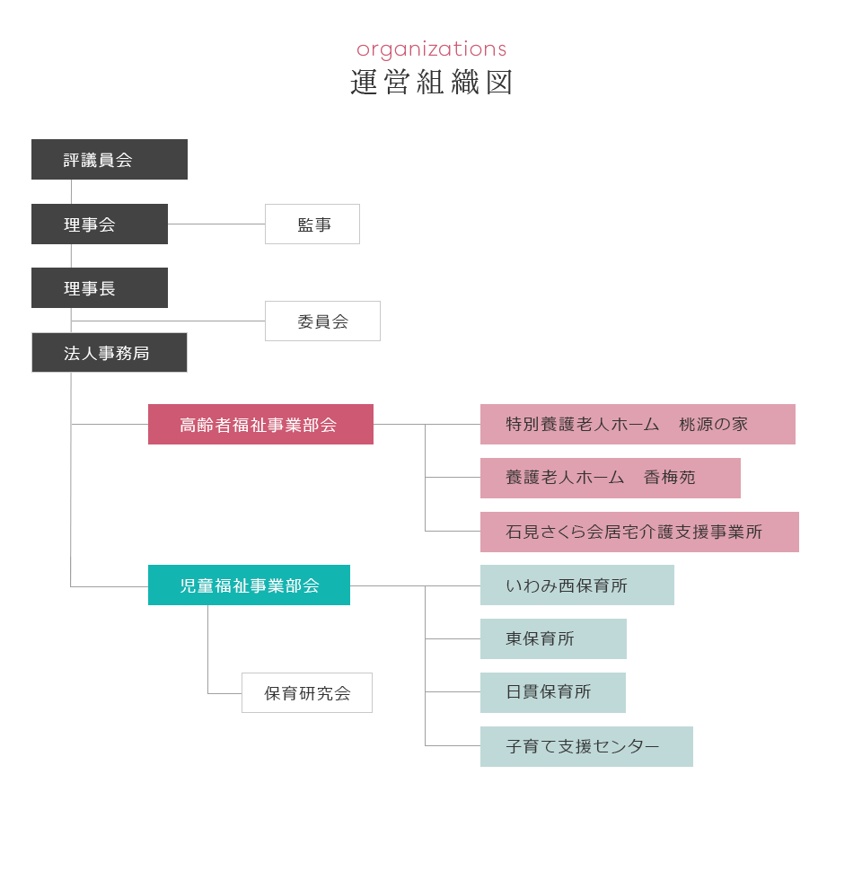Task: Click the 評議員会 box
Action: pyautogui.click(x=109, y=160)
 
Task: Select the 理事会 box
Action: pyautogui.click(x=99, y=224)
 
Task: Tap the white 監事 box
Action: pyautogui.click(x=312, y=224)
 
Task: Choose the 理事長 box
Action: pyautogui.click(x=99, y=288)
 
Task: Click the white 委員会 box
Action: pyautogui.click(x=322, y=321)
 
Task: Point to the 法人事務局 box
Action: pyautogui.click(x=109, y=353)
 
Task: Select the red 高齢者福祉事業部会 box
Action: pyautogui.click(x=260, y=425)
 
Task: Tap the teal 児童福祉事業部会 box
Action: pyautogui.click(x=250, y=585)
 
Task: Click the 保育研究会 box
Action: pyautogui.click(x=307, y=693)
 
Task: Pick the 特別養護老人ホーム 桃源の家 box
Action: pyautogui.click(x=638, y=425)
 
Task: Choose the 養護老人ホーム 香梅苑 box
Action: pyautogui.click(x=611, y=478)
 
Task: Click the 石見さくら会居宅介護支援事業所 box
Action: pyautogui.click(x=639, y=532)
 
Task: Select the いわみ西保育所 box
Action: pyautogui.click(x=577, y=585)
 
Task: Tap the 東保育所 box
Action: pyautogui.click(x=553, y=639)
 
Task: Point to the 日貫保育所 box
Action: pyautogui.click(x=553, y=693)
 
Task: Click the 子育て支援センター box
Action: pyautogui.click(x=587, y=747)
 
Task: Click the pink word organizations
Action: pyautogui.click(x=431, y=48)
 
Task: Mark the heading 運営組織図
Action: pyautogui.click(x=431, y=83)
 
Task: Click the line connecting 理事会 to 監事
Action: pyautogui.click(x=216, y=224)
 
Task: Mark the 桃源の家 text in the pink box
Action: pyautogui.click(x=713, y=425)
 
